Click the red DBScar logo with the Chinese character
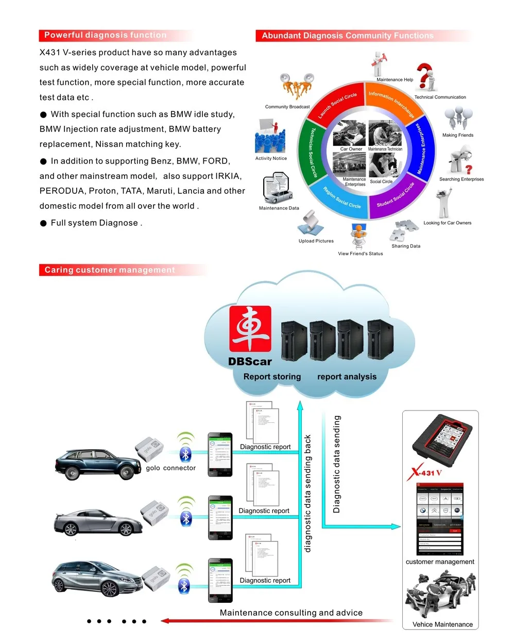tap(250, 328)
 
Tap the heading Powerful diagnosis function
tap(105, 35)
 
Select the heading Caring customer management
tap(109, 270)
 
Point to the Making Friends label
tap(457, 135)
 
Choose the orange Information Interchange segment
tap(391, 102)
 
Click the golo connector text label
tap(170, 468)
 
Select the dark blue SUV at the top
tap(98, 464)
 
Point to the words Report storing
tap(272, 376)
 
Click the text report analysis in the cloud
tap(347, 376)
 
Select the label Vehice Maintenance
tap(442, 624)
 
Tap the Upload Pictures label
tap(316, 241)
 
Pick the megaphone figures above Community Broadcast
tap(297, 86)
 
